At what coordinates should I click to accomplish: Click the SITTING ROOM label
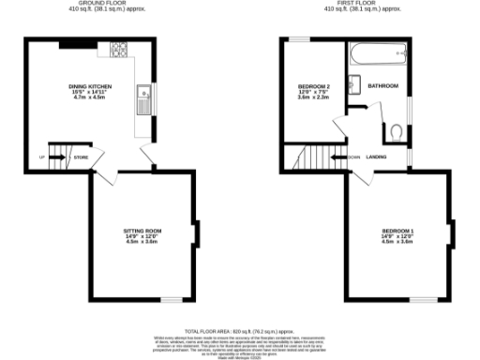tap(143, 230)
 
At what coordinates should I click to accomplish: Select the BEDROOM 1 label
tap(398, 230)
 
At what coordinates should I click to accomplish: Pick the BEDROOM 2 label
tap(314, 86)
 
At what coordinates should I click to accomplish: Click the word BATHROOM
tap(383, 86)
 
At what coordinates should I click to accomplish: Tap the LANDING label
tap(377, 157)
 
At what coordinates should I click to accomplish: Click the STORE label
tap(82, 157)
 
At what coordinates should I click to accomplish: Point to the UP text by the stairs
tap(42, 157)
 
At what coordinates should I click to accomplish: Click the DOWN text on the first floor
tap(352, 157)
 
